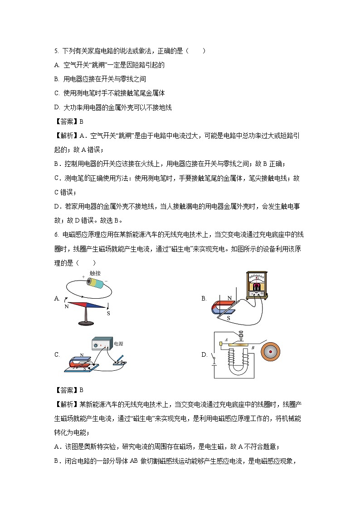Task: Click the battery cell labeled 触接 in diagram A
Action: [x=97, y=283]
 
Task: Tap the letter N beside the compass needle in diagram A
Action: [x=67, y=307]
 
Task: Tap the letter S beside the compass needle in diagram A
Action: [x=108, y=313]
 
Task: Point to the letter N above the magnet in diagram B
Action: [x=229, y=298]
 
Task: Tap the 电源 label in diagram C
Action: [x=118, y=344]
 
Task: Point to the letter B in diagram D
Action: [x=253, y=348]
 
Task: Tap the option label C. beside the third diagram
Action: [x=57, y=355]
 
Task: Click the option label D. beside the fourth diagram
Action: [x=204, y=355]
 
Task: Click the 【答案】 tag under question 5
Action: [x=66, y=121]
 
